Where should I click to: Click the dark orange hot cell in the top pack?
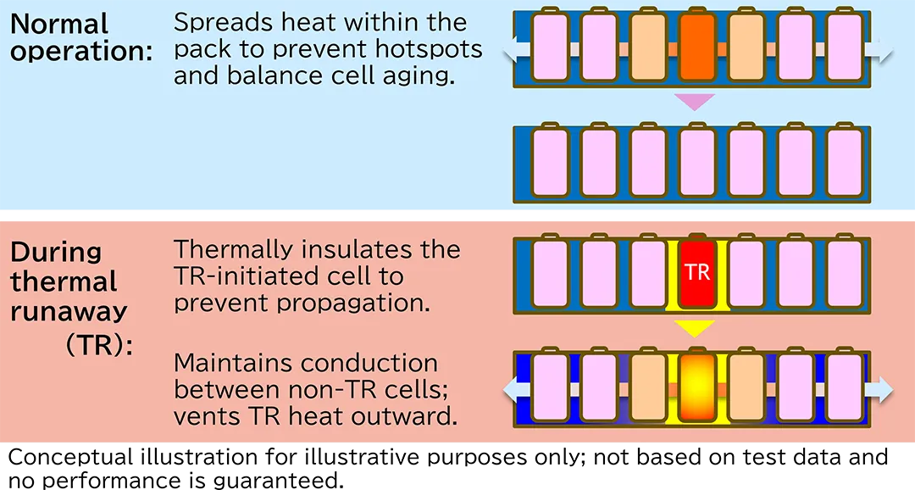pos(696,48)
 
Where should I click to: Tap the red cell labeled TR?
pos(696,272)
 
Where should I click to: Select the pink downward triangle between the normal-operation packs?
pos(696,102)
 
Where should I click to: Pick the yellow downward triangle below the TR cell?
pos(696,327)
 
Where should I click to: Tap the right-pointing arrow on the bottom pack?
pos(881,390)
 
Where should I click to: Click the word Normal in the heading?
pos(59,24)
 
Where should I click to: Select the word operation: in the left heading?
pos(81,52)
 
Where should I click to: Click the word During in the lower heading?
pos(56,252)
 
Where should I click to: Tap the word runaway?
pos(69,312)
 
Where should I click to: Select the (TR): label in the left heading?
pos(99,343)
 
